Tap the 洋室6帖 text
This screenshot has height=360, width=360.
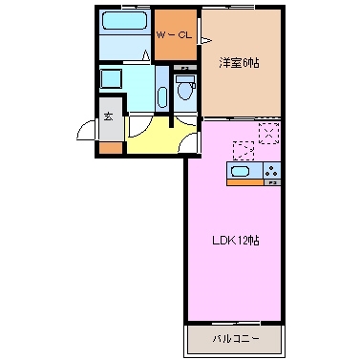coord(239,63)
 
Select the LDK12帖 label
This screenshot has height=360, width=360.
coord(234,242)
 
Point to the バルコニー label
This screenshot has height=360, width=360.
coord(234,338)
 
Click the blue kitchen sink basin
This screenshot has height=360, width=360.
coord(242,172)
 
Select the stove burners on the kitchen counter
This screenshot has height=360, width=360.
coord(273,172)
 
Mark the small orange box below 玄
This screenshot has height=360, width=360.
coord(110,147)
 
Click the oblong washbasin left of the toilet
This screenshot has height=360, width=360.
coord(161,95)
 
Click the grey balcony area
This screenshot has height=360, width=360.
coord(234,337)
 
